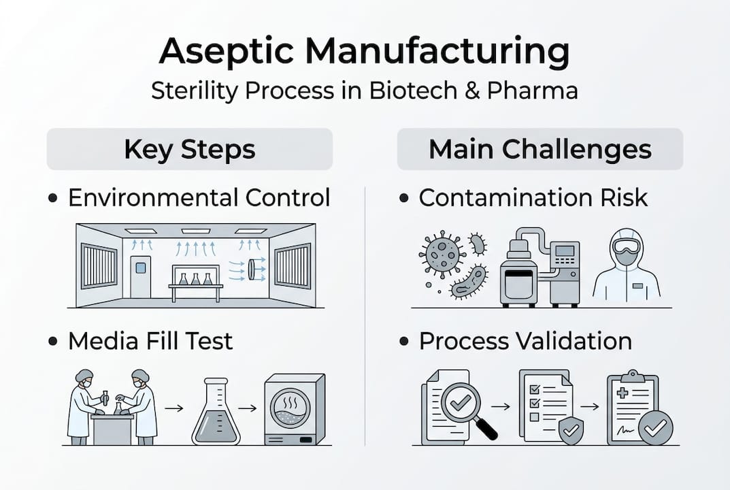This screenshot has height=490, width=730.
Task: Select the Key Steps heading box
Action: pos(189,149)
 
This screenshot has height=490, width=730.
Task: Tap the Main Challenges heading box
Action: pos(540,149)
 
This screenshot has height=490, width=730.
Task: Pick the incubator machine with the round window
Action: pos(294,409)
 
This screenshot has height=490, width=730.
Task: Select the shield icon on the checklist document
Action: pos(570,431)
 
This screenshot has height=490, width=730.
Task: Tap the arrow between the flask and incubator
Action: pos(247,408)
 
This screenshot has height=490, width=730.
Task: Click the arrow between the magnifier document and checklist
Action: pos(501,406)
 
